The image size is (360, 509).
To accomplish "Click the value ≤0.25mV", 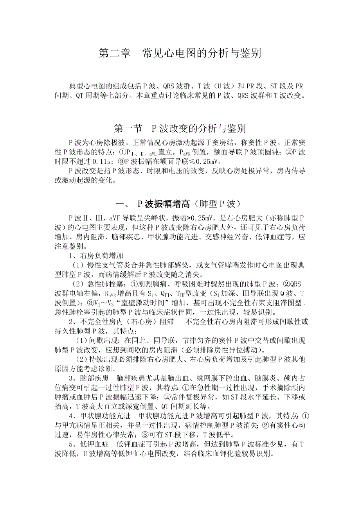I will pyautogui.click(x=205, y=161).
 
